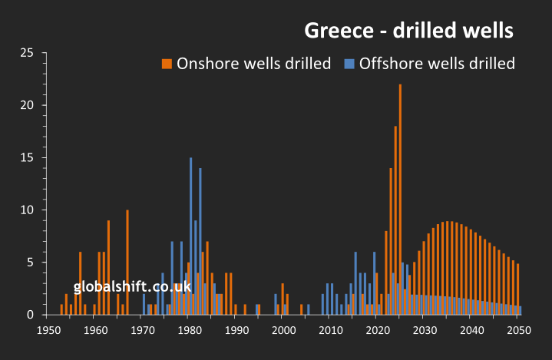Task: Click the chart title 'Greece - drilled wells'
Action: [408, 31]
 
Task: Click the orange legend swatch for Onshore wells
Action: [167, 63]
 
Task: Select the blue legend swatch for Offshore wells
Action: [349, 63]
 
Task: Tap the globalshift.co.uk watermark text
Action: [133, 287]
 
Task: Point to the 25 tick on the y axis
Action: [28, 53]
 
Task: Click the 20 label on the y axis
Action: [28, 105]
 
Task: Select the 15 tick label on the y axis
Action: [28, 157]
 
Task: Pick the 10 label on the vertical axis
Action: [28, 210]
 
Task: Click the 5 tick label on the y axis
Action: [31, 262]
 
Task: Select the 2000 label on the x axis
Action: [284, 330]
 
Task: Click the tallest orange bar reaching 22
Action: [400, 200]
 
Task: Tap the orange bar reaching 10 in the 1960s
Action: [127, 261]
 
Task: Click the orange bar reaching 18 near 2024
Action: [395, 223]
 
